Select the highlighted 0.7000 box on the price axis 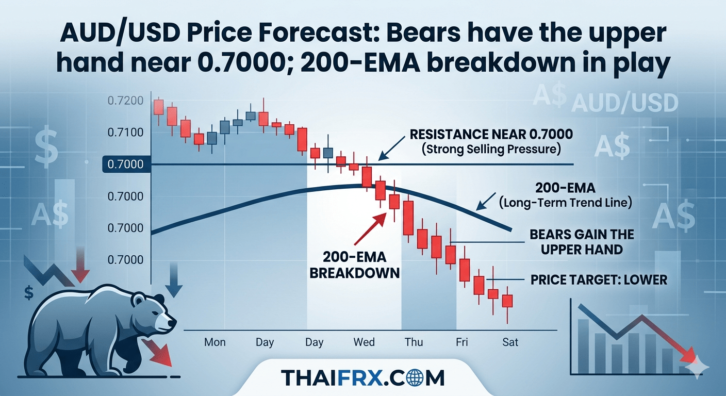[x=122, y=164]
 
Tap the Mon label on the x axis [x=214, y=342]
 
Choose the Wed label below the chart [x=364, y=342]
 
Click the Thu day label [x=414, y=342]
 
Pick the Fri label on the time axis [x=462, y=342]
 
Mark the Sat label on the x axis [x=510, y=342]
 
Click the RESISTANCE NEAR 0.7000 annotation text [x=491, y=135]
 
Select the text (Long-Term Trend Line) [x=566, y=203]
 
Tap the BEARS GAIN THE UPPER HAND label [x=582, y=242]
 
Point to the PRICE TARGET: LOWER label [x=599, y=280]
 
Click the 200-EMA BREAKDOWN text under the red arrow [x=355, y=264]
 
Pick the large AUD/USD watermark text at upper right [x=624, y=104]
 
